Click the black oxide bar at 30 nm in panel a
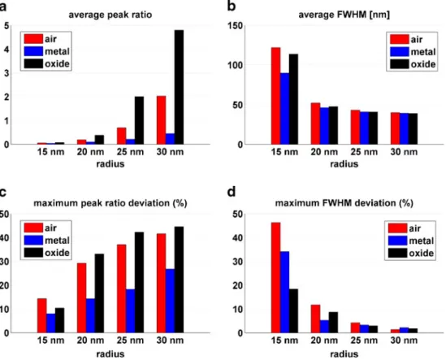(x=179, y=87)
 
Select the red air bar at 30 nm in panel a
(x=162, y=120)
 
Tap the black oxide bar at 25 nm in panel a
(x=139, y=120)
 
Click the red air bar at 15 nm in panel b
(x=275, y=96)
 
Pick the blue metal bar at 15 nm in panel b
(x=284, y=109)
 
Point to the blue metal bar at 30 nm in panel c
(x=170, y=301)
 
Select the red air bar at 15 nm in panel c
(x=42, y=315)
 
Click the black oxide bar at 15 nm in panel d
(x=293, y=310)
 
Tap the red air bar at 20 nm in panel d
(x=315, y=319)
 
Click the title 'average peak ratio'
(x=110, y=15)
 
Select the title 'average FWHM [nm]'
(x=344, y=15)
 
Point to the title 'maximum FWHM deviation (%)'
(x=344, y=203)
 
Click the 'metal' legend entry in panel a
(x=47, y=51)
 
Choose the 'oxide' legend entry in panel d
(x=411, y=254)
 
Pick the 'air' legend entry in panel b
(x=406, y=39)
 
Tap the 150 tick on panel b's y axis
(x=236, y=26)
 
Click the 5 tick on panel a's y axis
(x=6, y=26)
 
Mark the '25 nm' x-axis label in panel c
(x=130, y=340)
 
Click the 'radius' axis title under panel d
(x=344, y=354)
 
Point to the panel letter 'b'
(x=232, y=6)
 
